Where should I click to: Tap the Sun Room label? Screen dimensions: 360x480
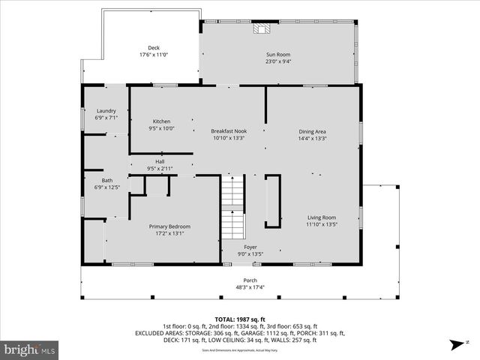277,55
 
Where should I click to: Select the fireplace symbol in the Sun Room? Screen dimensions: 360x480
261,28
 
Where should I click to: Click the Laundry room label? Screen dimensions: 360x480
106,110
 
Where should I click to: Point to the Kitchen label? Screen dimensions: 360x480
162,121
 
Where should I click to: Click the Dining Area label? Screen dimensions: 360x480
311,131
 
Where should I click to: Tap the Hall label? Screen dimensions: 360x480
160,161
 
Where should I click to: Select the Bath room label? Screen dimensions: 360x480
107,180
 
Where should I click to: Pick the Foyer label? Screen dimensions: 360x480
250,247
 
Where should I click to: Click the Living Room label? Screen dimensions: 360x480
322,217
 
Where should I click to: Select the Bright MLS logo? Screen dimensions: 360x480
30,349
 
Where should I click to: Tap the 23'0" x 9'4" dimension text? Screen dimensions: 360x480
277,62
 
